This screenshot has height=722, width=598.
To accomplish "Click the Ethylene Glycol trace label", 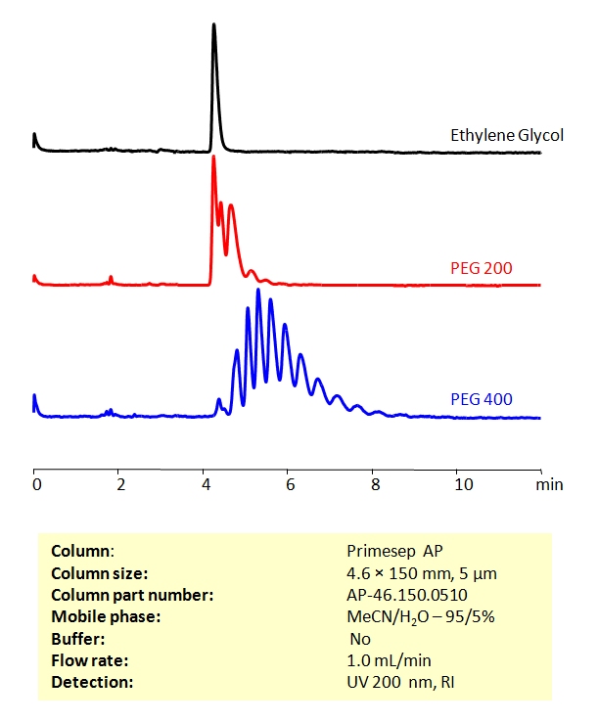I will pyautogui.click(x=506, y=135).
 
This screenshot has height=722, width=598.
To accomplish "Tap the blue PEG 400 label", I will pyautogui.click(x=482, y=398).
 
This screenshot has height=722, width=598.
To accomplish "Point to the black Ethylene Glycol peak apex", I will pyautogui.click(x=214, y=25).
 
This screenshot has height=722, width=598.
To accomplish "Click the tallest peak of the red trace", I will pyautogui.click(x=213, y=158).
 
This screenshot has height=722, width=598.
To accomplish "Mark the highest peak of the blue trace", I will pyautogui.click(x=258, y=291).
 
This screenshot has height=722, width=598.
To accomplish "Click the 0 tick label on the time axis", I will pyautogui.click(x=35, y=484).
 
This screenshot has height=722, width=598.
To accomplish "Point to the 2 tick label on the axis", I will pyautogui.click(x=119, y=484).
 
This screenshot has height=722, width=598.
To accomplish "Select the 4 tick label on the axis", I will pyautogui.click(x=204, y=484).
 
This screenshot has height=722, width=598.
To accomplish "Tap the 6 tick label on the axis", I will pyautogui.click(x=288, y=484).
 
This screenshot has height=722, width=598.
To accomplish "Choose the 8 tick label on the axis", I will pyautogui.click(x=372, y=484).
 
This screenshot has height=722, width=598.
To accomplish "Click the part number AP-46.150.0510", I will pyautogui.click(x=402, y=595).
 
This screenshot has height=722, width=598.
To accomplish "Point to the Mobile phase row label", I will pyautogui.click(x=95, y=616).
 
